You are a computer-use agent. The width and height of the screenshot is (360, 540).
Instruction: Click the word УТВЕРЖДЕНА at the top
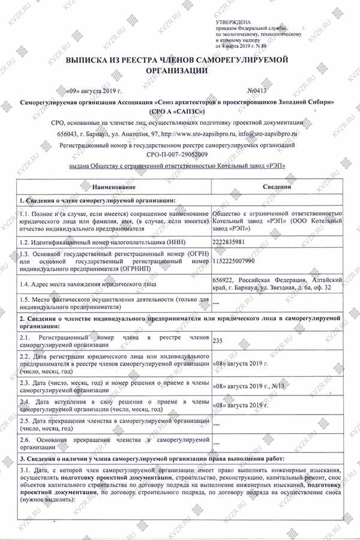pos(233,22)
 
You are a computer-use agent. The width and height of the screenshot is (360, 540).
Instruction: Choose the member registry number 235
pos(218,341)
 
